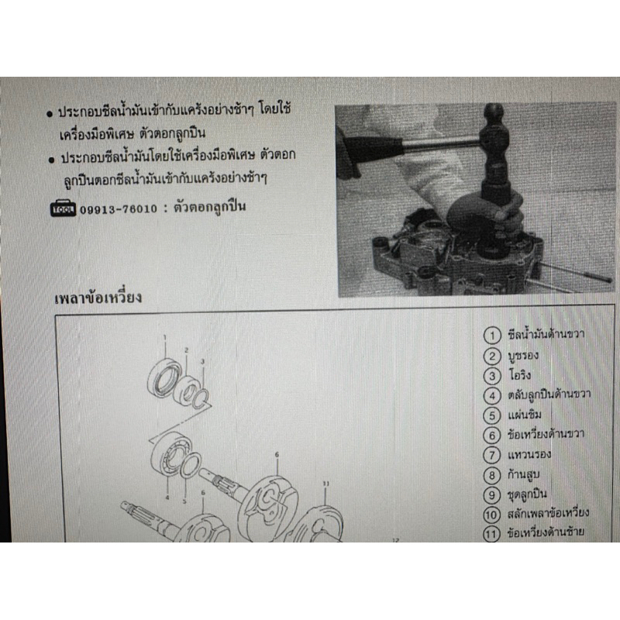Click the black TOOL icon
coord(63,208)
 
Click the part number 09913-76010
coord(119,208)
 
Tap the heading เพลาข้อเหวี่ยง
coord(98,298)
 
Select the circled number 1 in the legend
coord(492,336)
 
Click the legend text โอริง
coord(519,374)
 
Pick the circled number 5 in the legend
coord(492,415)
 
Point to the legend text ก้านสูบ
coord(524,474)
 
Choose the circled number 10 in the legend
coord(491,515)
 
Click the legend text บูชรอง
coord(523,356)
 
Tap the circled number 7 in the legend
coord(492,455)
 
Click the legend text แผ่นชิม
coord(525,415)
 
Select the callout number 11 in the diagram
coord(325,484)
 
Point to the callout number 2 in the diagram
coord(186,350)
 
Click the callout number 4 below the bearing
coord(167,497)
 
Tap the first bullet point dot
coord(50,114)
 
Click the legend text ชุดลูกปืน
coord(527,494)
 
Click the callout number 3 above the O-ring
coord(202,361)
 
